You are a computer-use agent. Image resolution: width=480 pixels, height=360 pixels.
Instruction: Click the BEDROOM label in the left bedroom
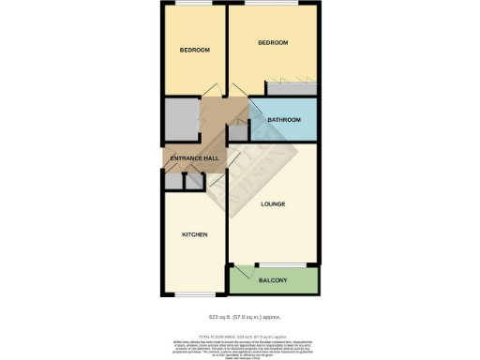pos(195,50)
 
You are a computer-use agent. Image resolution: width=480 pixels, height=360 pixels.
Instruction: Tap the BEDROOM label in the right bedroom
pos(273,43)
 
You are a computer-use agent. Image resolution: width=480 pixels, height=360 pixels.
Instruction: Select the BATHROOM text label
pos(284,120)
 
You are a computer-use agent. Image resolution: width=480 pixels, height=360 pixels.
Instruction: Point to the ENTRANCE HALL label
pos(193,158)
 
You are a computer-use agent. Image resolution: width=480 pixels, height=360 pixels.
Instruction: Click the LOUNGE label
pos(273,203)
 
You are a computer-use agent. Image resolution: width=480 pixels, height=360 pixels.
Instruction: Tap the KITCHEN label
pos(194,234)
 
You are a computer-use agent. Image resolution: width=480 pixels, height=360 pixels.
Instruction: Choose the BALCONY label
pos(274,280)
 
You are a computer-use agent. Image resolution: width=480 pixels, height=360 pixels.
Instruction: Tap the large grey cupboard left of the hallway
pos(179,119)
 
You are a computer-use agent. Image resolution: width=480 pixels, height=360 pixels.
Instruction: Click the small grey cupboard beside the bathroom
pos(239,132)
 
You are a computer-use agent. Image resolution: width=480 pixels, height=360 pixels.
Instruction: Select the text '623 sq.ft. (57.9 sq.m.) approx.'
pos(239,317)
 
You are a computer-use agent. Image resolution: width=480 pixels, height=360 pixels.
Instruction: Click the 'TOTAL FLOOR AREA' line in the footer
pos(239,335)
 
